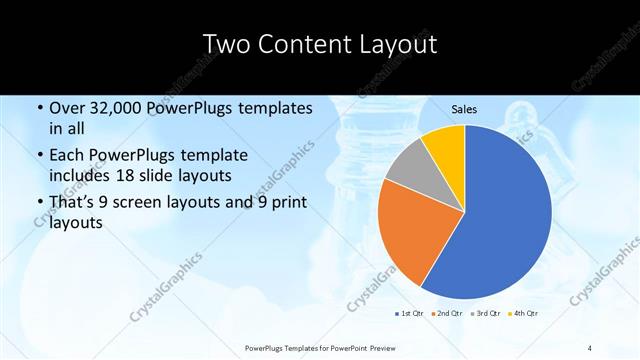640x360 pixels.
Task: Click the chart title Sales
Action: coord(463,108)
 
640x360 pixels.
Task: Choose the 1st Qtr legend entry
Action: coord(409,314)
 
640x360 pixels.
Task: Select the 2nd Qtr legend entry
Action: coord(446,314)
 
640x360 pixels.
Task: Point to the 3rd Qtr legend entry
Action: coord(485,314)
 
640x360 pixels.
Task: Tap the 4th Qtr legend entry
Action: coord(524,314)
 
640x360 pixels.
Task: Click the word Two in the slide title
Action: coord(225,45)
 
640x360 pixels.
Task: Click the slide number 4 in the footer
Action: coord(590,347)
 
